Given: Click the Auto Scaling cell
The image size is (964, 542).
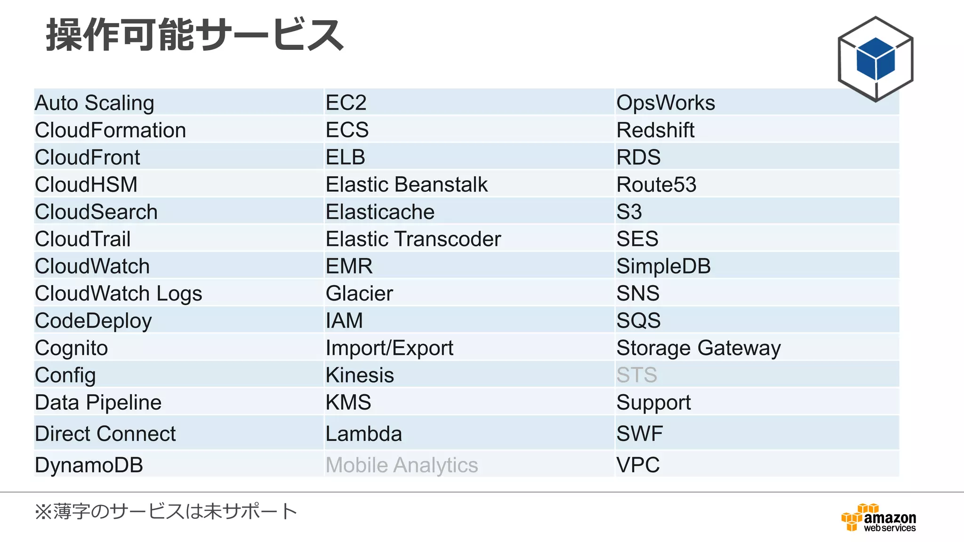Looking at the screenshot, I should [95, 103].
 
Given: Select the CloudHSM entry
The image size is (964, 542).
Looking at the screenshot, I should [86, 184].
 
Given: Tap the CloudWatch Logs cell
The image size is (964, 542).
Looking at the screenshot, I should [119, 294].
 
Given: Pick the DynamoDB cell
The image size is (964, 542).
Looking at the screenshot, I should [89, 465].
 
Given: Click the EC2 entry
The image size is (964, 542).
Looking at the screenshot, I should [346, 103].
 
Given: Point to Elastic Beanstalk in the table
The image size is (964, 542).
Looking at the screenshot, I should [407, 184].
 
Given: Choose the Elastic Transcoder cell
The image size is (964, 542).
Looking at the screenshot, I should [413, 239].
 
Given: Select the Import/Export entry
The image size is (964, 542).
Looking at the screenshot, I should [389, 348].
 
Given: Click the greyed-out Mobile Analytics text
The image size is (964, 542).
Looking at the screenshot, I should [402, 465].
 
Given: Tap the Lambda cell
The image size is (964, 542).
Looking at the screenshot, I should [364, 433].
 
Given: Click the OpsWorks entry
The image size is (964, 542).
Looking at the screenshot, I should [666, 103].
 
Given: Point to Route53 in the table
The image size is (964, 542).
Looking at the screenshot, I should [656, 184].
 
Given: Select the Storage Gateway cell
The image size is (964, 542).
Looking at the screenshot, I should [699, 348].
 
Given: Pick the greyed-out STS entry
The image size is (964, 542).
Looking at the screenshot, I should [637, 375].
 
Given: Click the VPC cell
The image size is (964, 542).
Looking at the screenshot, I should [638, 465].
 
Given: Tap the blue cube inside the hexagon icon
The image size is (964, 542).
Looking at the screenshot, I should [876, 59].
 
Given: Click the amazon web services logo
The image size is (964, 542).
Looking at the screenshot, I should [879, 518].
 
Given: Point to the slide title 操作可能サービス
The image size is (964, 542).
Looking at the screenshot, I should [194, 35].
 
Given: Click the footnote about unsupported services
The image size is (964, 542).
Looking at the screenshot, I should [166, 511].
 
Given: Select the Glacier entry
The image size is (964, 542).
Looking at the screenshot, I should [359, 294].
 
